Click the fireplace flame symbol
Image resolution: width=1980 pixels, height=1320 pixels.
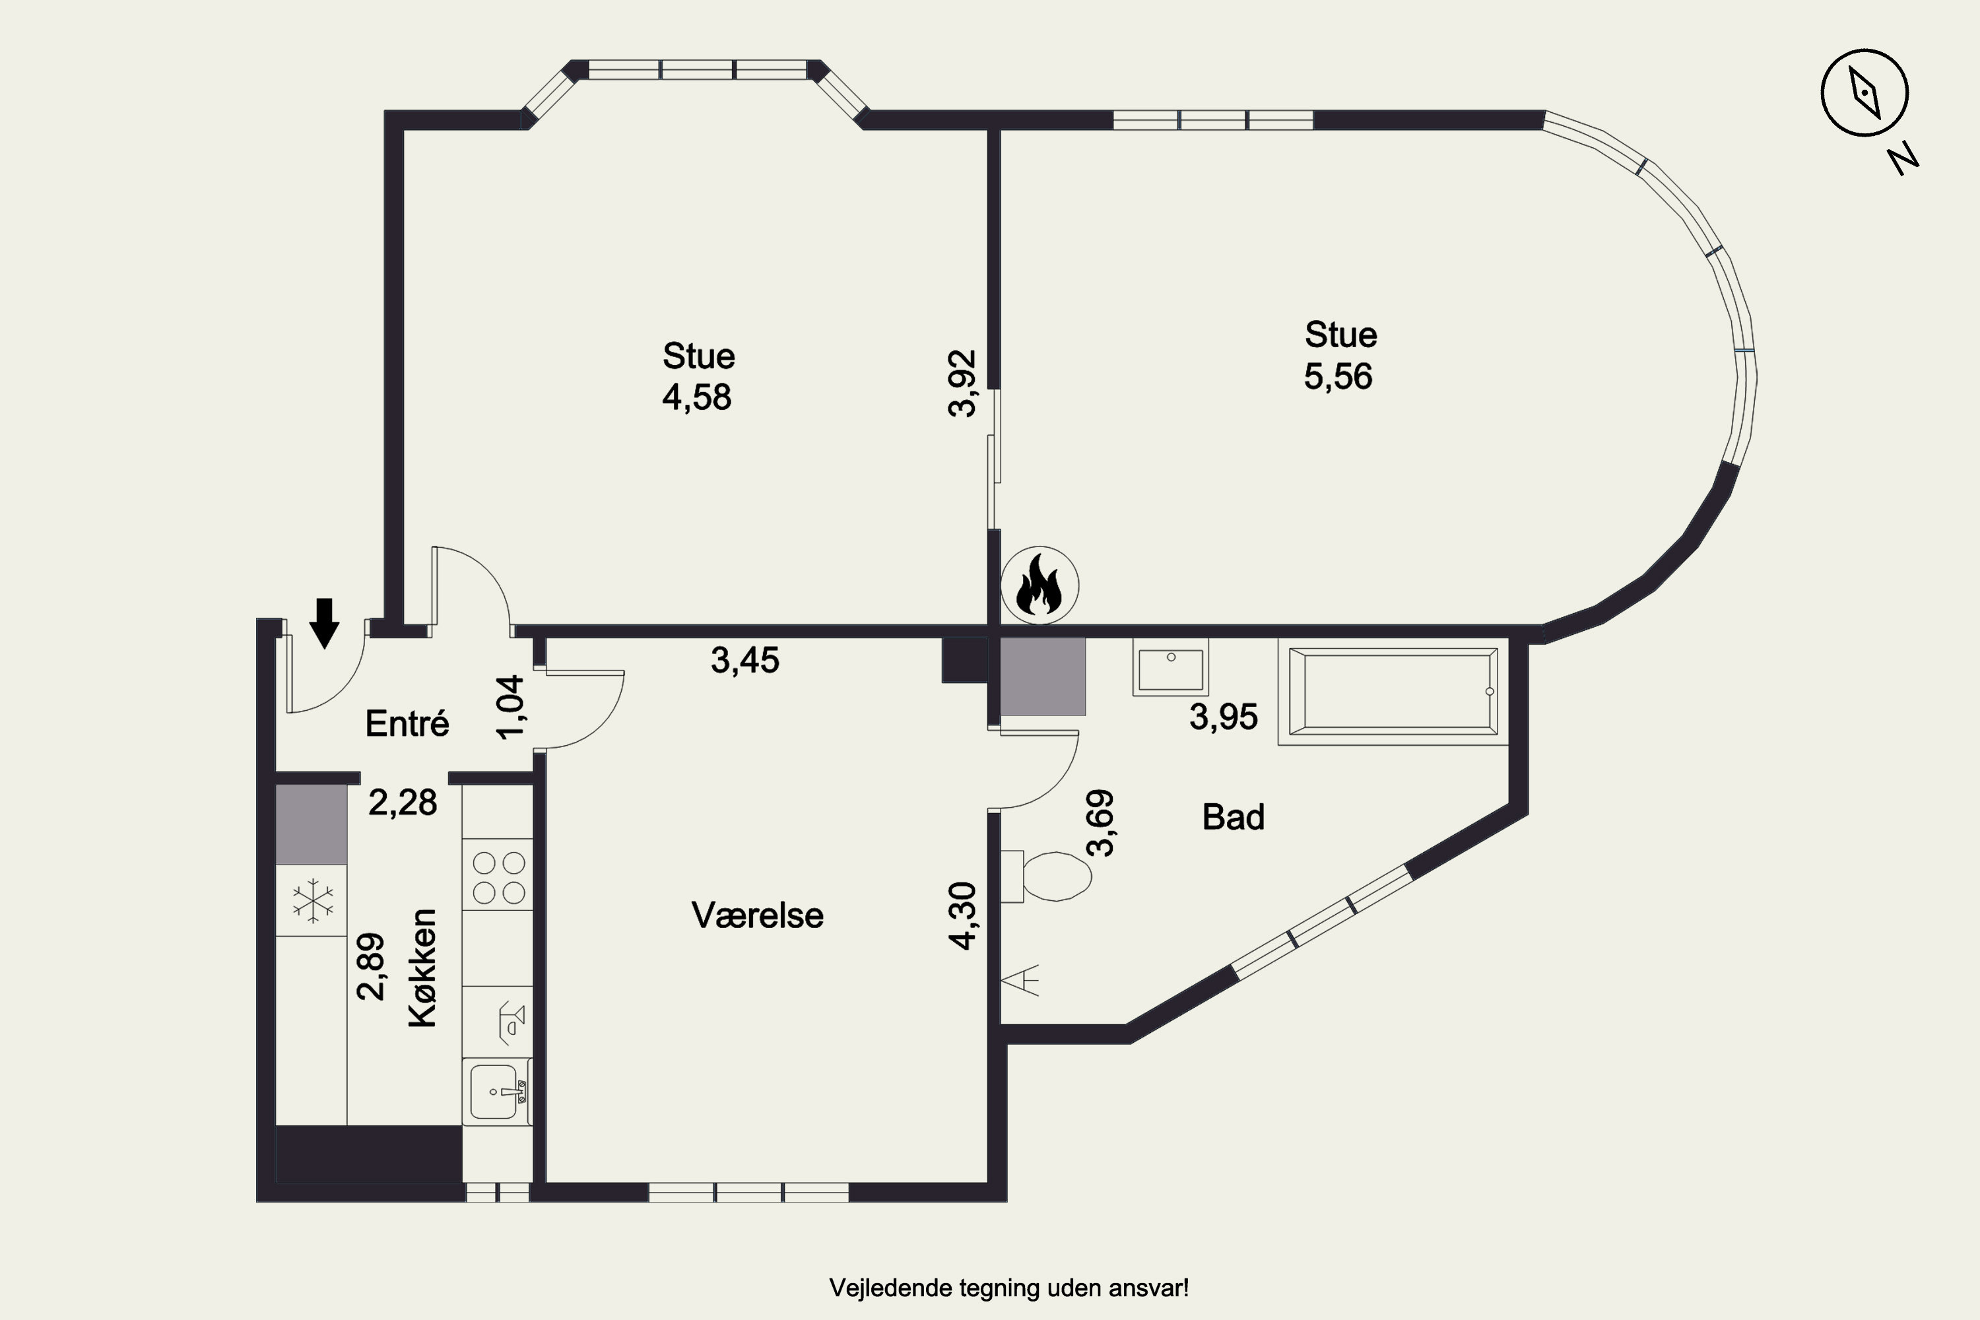1039,585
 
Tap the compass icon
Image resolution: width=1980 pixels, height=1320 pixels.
1864,92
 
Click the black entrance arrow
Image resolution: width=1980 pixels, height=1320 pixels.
324,624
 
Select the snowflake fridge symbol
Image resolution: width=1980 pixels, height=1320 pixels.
312,901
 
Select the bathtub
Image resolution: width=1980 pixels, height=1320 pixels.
1393,691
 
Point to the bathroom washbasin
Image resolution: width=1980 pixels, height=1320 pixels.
1171,667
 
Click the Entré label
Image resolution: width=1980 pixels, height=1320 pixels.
407,723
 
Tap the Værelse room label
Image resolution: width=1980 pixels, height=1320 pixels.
758,915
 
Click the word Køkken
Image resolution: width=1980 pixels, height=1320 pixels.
422,968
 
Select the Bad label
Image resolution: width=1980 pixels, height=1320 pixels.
1234,816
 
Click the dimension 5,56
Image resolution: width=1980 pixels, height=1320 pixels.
1338,376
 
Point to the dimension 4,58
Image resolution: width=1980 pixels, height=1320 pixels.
697,397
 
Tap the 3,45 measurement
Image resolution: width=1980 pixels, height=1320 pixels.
745,660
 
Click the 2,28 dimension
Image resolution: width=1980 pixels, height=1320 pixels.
403,803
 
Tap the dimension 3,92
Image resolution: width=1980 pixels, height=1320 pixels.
962,384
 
